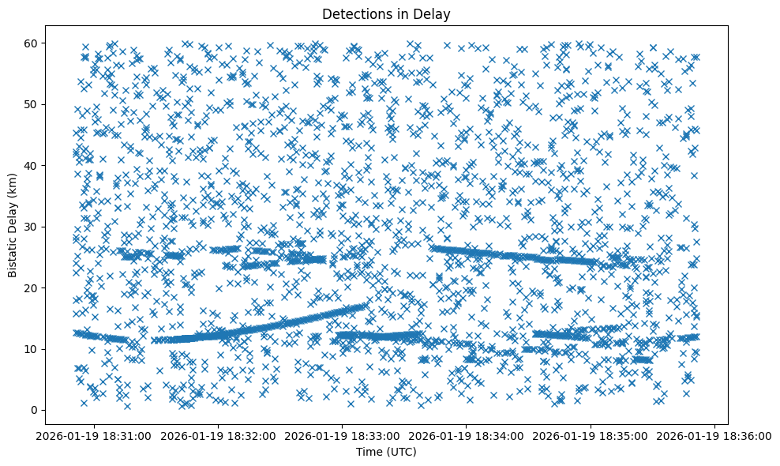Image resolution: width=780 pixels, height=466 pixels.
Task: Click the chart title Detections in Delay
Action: (387, 13)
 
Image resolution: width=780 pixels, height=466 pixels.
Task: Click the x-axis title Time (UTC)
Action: (387, 452)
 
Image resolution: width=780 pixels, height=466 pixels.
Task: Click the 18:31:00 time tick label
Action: (94, 435)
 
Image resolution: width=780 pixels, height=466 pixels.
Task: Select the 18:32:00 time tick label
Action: (219, 435)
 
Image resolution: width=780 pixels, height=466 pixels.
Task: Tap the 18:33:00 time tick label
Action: (343, 435)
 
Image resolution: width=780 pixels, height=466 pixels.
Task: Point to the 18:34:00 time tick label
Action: (467, 435)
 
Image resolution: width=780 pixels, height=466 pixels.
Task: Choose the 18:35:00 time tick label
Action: (591, 435)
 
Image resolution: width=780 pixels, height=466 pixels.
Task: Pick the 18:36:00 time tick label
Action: (715, 435)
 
